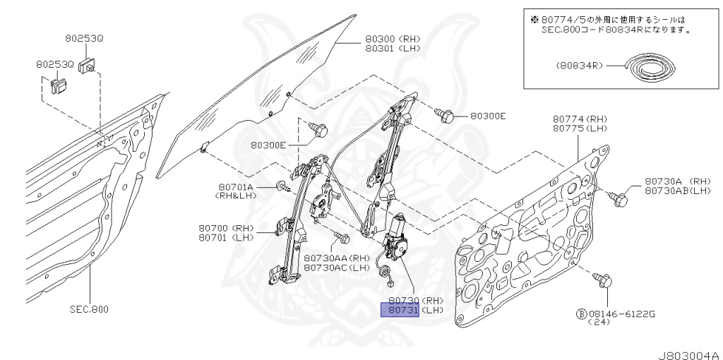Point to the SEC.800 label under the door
[90, 309]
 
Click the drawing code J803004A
[685, 354]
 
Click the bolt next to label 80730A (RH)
[619, 200]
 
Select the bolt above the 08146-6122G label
[604, 280]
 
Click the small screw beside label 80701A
[282, 187]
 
